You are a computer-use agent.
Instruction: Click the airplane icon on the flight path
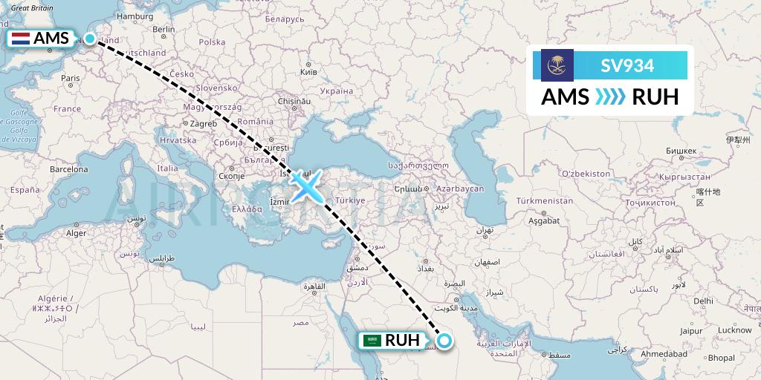(306, 186)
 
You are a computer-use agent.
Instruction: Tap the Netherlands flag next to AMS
(20, 39)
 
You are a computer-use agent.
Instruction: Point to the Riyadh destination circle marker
(444, 341)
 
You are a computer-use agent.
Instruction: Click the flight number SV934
(628, 66)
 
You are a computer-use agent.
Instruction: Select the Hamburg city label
(135, 16)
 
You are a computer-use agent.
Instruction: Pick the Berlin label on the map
(163, 30)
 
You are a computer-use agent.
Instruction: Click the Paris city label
(70, 78)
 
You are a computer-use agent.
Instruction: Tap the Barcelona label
(69, 169)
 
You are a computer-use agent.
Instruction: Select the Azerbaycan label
(461, 189)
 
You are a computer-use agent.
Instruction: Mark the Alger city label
(77, 232)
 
